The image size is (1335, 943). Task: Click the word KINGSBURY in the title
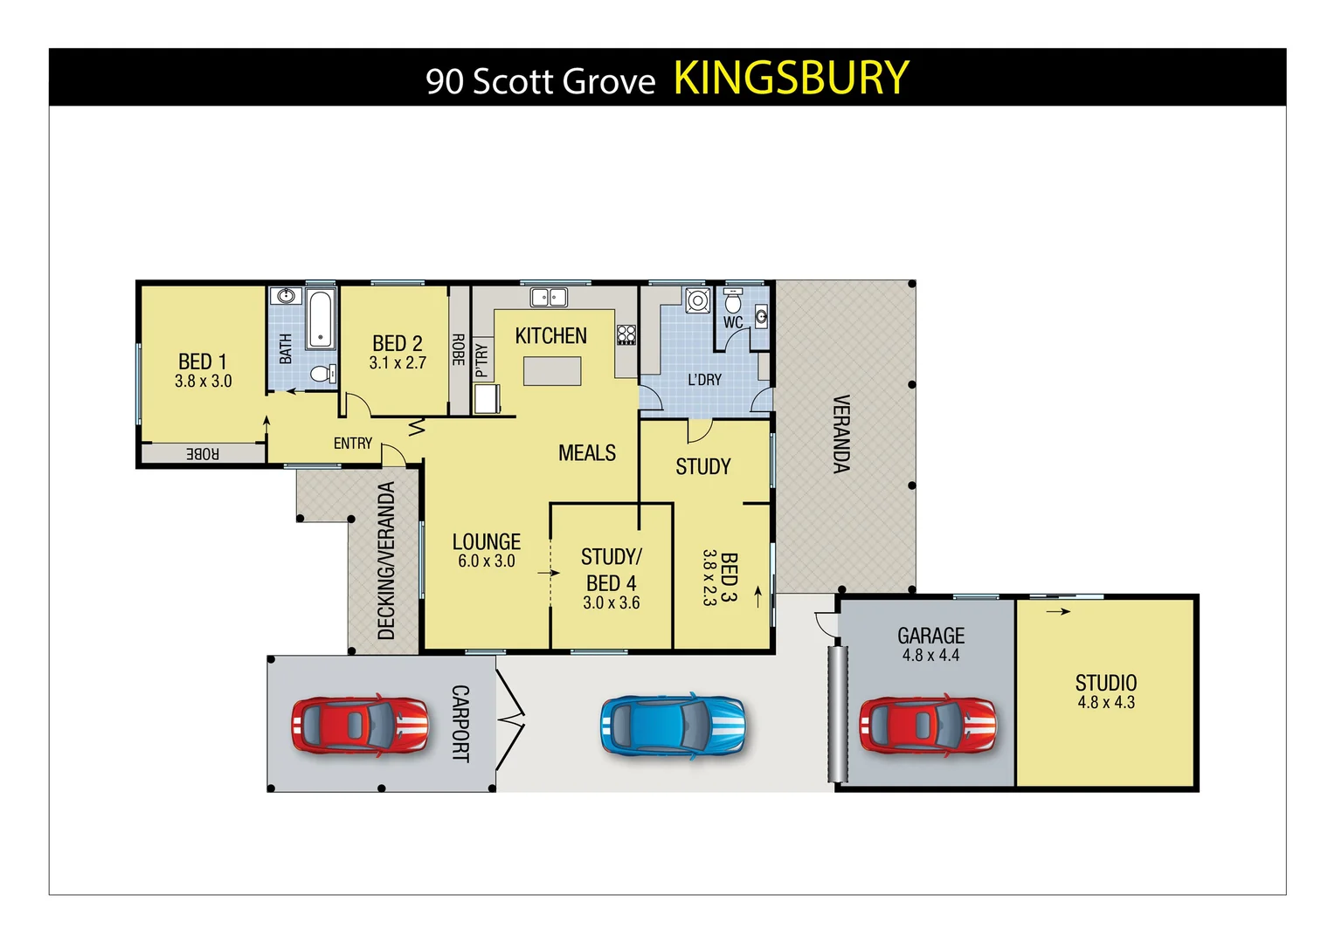tap(791, 78)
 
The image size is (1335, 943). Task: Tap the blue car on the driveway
tap(673, 726)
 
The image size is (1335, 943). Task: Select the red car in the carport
tap(360, 725)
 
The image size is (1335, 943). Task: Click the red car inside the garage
tap(927, 725)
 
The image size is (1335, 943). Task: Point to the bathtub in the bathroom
tap(321, 319)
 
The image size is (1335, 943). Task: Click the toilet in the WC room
tap(733, 303)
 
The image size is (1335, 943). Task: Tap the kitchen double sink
tap(549, 298)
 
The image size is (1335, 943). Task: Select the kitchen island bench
tap(552, 371)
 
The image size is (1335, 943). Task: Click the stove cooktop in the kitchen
tap(626, 334)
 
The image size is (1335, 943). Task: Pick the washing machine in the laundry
tap(697, 301)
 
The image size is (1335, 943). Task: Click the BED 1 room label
tap(203, 361)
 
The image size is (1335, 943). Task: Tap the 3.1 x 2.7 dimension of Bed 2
tap(398, 363)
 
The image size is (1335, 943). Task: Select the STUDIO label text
tap(1105, 683)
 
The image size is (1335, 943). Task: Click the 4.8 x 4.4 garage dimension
tap(930, 656)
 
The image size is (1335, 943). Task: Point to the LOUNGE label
tap(486, 541)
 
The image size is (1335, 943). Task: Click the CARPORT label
tap(460, 724)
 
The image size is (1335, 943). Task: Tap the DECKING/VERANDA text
tap(386, 561)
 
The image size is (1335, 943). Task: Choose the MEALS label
tap(587, 453)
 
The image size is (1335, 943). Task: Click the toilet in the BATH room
tap(322, 375)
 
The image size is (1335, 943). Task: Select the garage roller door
tap(838, 714)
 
